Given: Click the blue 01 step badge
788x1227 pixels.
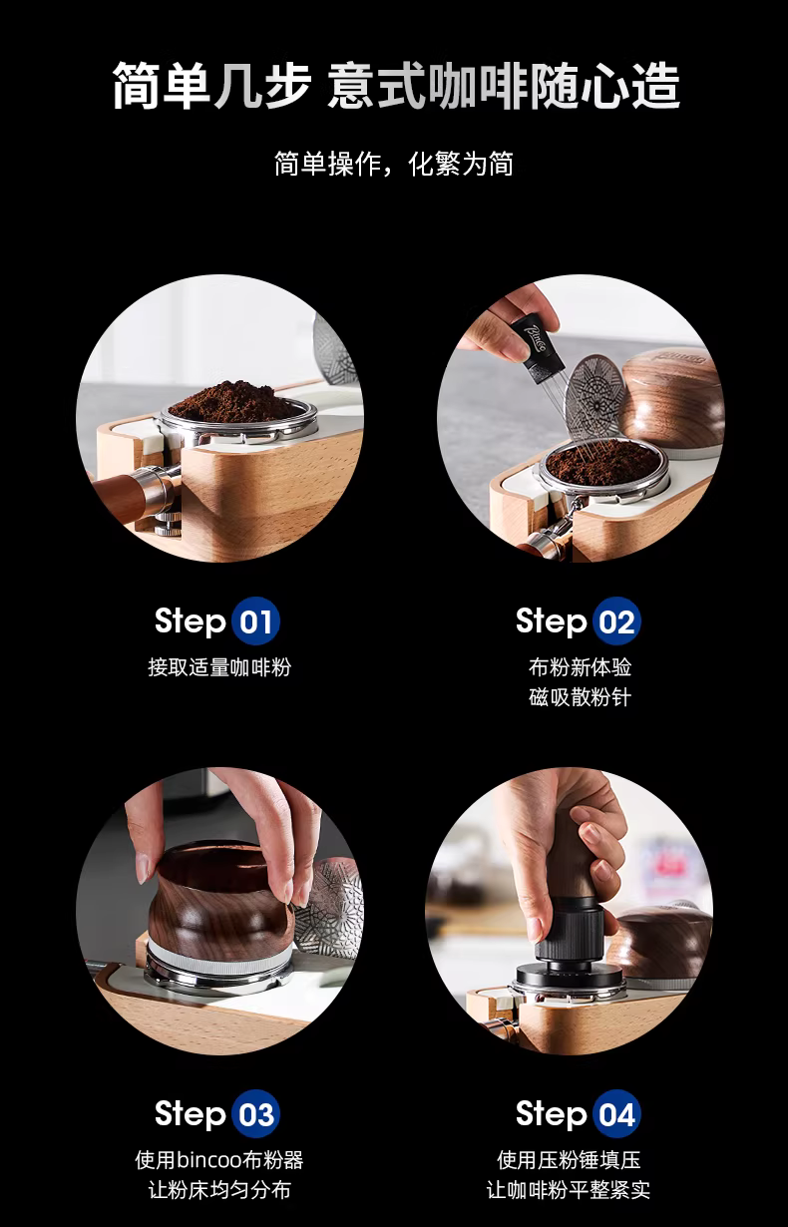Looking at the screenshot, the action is (x=255, y=621).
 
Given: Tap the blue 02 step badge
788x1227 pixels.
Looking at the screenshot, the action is (x=616, y=621).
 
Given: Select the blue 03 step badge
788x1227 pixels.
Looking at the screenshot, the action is (x=255, y=1113).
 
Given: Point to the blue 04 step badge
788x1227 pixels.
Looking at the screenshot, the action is (x=616, y=1113).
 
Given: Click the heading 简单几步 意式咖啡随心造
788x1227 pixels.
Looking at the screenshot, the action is (x=395, y=86).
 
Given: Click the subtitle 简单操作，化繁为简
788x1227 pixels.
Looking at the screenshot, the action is (x=394, y=164).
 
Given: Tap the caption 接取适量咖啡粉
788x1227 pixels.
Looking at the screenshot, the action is (x=219, y=667).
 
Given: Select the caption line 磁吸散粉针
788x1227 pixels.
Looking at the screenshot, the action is (x=580, y=697).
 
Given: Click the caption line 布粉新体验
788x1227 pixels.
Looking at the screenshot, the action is (x=580, y=667).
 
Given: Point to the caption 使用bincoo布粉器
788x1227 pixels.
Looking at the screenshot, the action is (x=219, y=1159).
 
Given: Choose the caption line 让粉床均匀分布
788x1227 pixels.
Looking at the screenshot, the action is (x=219, y=1190).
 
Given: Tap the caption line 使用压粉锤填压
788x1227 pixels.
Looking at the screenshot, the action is (x=569, y=1159).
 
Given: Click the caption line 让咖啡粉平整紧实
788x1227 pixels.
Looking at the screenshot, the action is (x=569, y=1190).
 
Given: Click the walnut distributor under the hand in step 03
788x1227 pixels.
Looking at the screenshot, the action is (x=220, y=905).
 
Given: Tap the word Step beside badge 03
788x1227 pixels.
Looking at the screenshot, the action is (x=191, y=1113).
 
